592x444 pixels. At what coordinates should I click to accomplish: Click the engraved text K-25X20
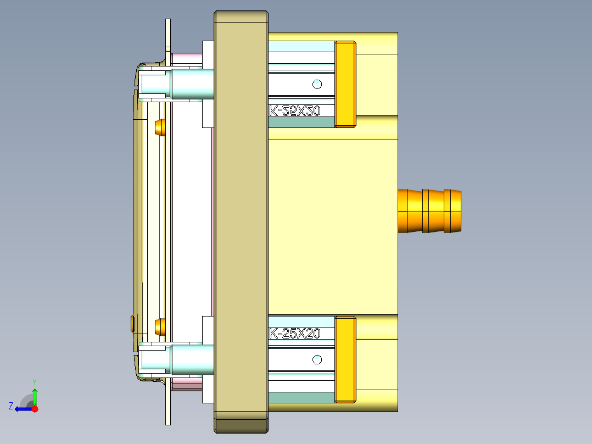tap(294, 334)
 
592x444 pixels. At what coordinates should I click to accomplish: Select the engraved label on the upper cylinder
tap(294, 111)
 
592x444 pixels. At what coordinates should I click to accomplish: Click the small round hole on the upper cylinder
tap(317, 84)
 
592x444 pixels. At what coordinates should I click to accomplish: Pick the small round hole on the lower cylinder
tap(317, 360)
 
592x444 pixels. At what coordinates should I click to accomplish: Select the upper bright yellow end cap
tap(345, 84)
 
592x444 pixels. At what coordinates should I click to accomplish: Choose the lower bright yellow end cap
tap(345, 359)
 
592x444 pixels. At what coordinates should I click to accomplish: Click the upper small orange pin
tap(160, 127)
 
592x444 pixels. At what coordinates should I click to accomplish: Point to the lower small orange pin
tap(160, 328)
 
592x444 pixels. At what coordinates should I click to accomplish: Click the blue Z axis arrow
tap(22, 409)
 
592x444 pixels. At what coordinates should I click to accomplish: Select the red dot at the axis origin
tap(35, 409)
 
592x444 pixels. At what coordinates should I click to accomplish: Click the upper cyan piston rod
tap(192, 84)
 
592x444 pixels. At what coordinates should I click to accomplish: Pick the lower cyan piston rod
tap(192, 360)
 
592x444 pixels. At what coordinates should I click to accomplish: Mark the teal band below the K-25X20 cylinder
tap(301, 397)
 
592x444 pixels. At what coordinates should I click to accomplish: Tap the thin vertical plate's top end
tap(167, 25)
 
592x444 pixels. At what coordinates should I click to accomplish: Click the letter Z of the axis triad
tap(11, 406)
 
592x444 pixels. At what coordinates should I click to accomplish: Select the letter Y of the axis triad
tap(34, 381)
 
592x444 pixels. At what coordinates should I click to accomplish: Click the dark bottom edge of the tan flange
tap(241, 425)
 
